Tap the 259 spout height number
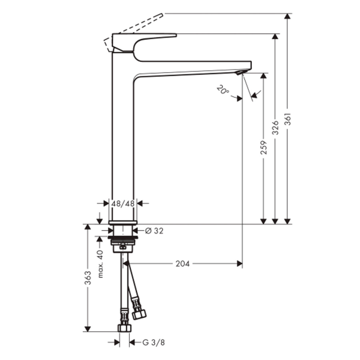pyautogui.click(x=263, y=147)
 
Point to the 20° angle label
pyautogui.click(x=222, y=89)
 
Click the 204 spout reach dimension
pyautogui.click(x=182, y=264)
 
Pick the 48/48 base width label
pyautogui.click(x=123, y=203)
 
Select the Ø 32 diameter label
pyautogui.click(x=154, y=230)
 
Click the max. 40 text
pyautogui.click(x=100, y=264)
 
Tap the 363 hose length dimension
pyautogui.click(x=88, y=278)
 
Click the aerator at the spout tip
pyautogui.click(x=240, y=72)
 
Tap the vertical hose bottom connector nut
pyautogui.click(x=124, y=327)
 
